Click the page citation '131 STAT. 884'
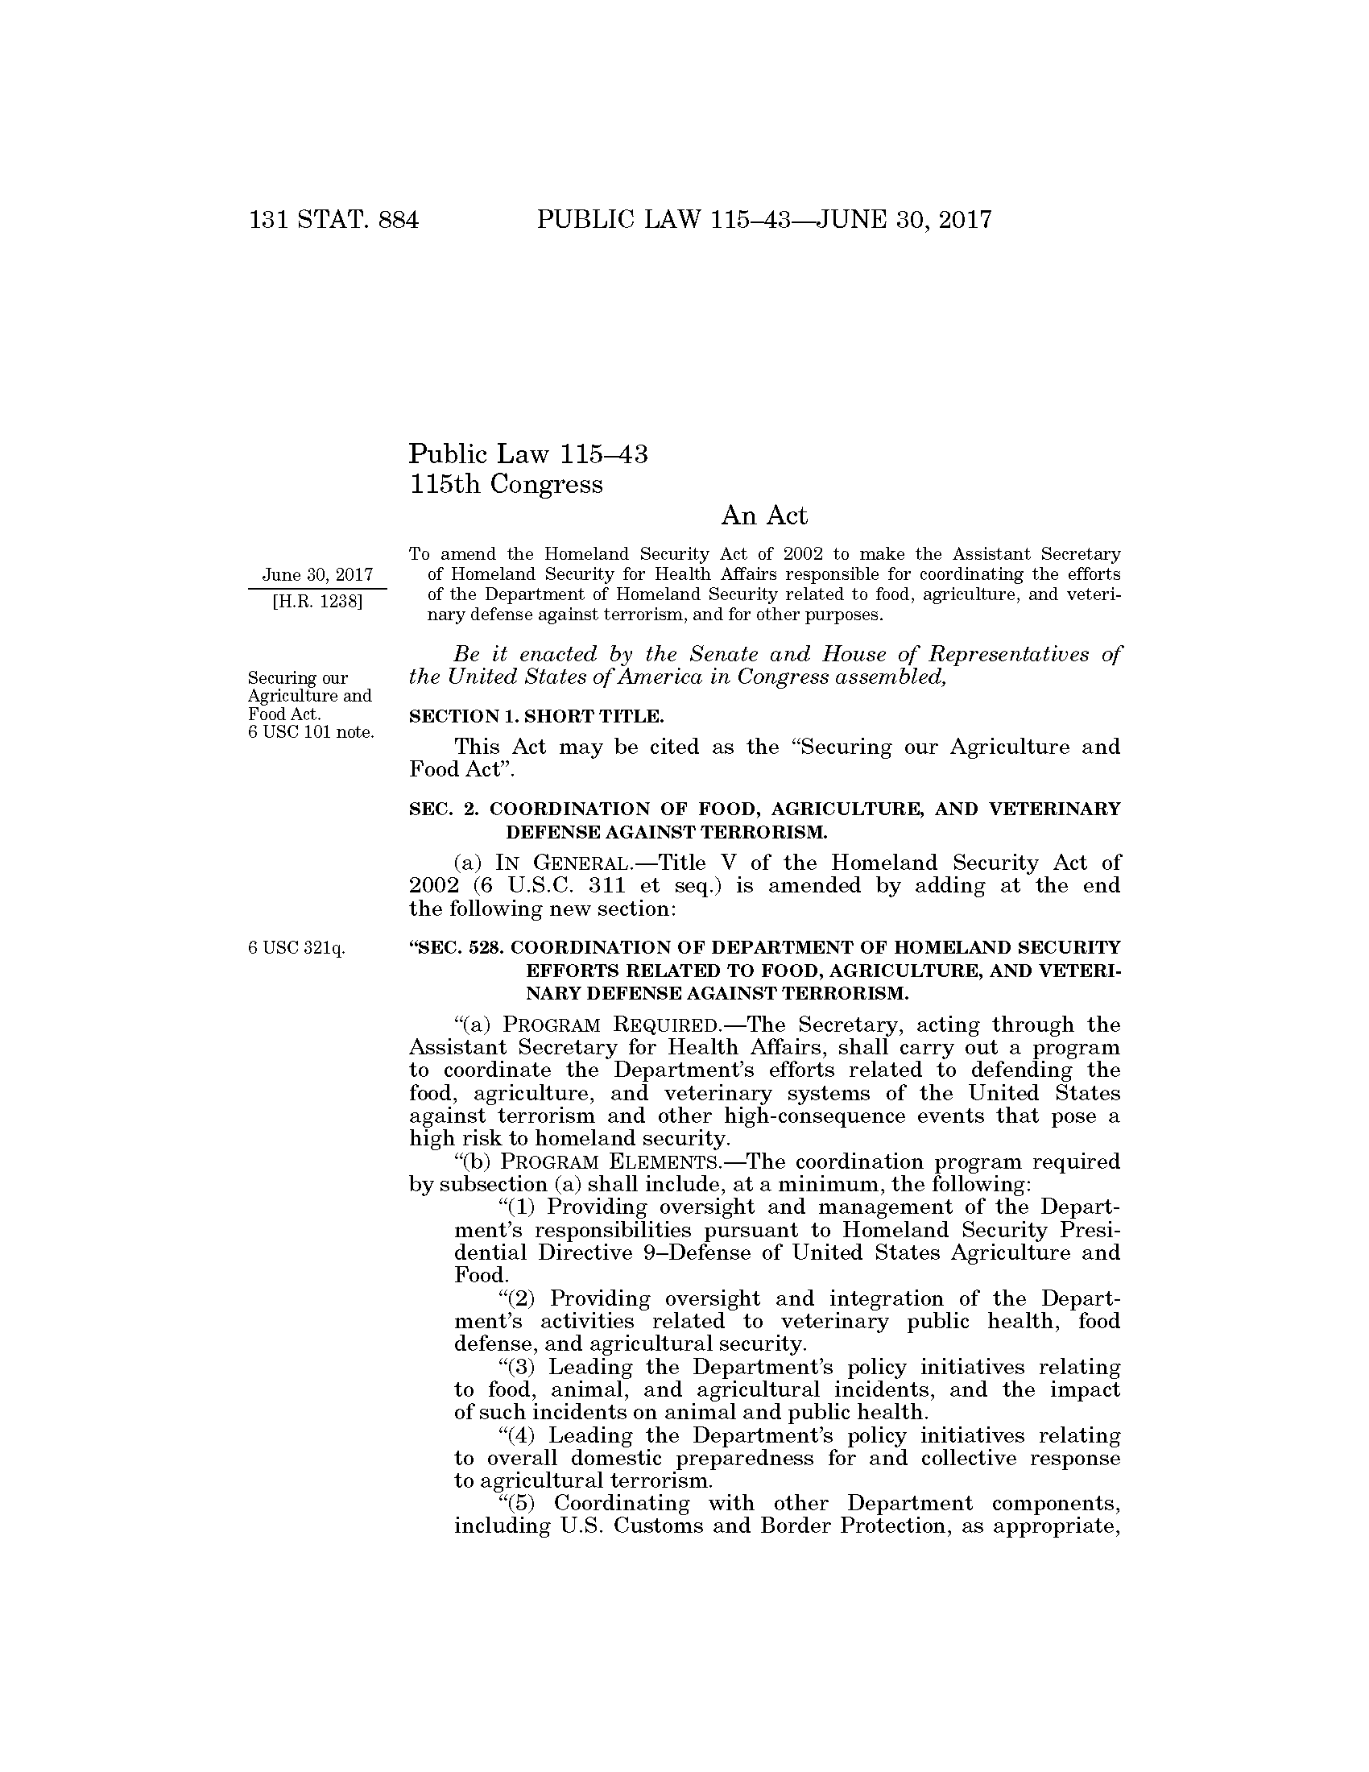point(334,220)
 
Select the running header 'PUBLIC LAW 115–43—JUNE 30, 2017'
point(764,220)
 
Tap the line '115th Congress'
point(506,484)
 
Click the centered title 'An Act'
point(764,516)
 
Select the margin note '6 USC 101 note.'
point(311,732)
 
